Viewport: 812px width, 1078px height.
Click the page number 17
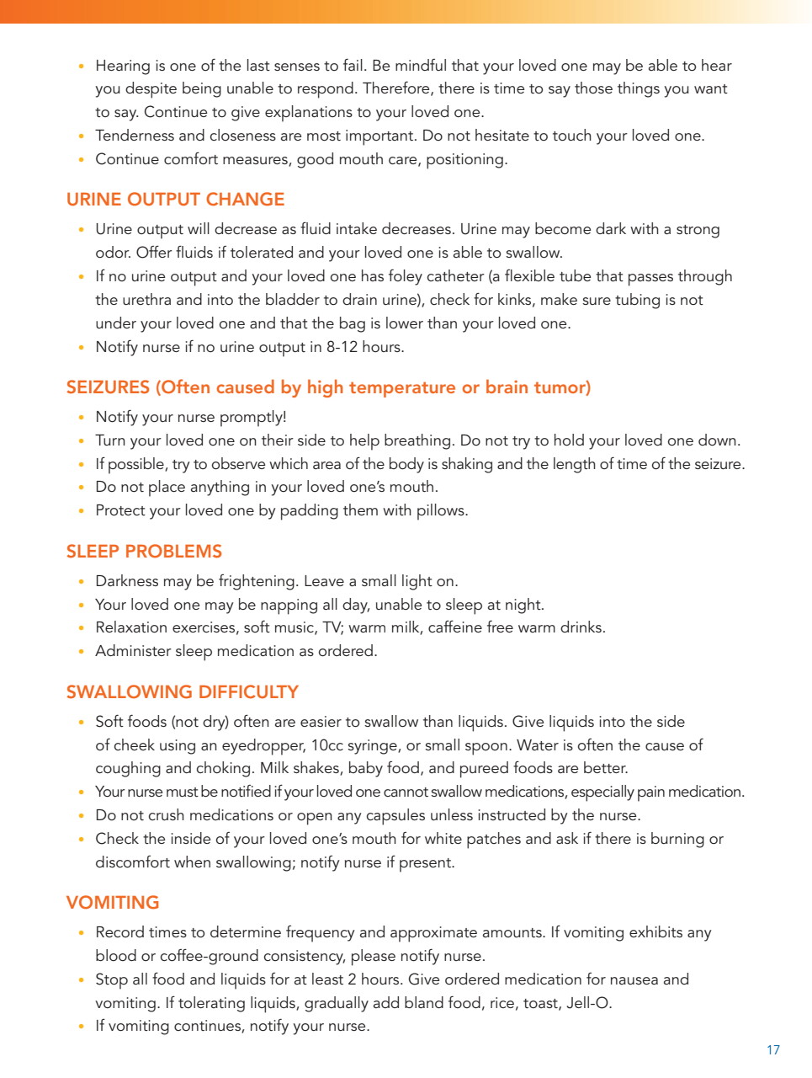(x=772, y=1049)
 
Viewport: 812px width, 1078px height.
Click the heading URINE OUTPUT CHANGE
(x=175, y=200)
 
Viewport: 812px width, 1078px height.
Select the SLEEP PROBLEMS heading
(x=144, y=552)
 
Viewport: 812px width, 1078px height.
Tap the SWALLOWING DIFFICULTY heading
(x=182, y=692)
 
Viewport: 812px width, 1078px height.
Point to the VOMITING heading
(x=113, y=903)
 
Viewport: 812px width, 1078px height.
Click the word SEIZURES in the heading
(x=108, y=387)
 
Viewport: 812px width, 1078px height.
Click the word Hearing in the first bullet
(x=123, y=66)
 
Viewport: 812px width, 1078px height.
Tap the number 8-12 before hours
(x=342, y=347)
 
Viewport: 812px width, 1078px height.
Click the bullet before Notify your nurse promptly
(x=81, y=418)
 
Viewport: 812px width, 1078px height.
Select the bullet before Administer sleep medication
(x=81, y=652)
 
